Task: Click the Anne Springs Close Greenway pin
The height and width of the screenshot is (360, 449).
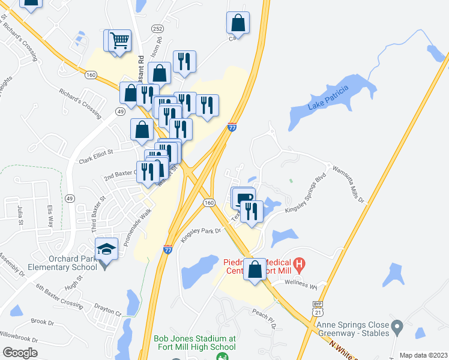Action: (397, 328)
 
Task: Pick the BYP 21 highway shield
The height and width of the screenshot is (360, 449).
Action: (318, 310)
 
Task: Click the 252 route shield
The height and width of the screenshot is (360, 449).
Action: (157, 28)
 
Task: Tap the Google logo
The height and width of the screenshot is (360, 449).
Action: (20, 352)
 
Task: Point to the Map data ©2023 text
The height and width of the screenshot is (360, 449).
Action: (423, 355)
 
